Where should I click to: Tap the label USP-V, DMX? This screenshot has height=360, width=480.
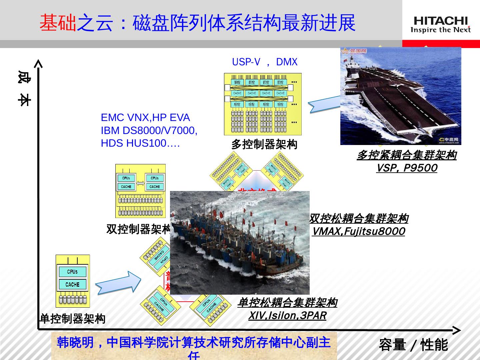click(264, 62)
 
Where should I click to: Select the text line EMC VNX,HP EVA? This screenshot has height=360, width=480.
click(145, 118)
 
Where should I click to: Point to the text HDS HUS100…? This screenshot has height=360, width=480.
click(140, 143)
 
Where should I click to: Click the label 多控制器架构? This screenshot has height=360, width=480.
click(264, 144)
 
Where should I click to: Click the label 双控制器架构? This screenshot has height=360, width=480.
click(138, 229)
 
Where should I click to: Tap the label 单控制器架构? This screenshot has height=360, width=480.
click(72, 319)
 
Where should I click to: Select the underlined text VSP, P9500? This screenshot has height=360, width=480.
click(406, 168)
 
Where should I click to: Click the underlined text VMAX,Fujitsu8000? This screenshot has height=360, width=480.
click(358, 231)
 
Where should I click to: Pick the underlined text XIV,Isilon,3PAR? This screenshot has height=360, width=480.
click(287, 315)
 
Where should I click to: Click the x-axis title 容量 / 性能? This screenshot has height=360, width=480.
click(413, 345)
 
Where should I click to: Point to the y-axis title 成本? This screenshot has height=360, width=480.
click(24, 88)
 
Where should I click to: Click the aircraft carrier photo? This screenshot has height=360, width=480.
click(400, 96)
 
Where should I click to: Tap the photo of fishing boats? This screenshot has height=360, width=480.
click(240, 243)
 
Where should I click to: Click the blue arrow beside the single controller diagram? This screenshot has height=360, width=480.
click(118, 283)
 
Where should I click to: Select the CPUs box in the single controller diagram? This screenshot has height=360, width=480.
click(72, 272)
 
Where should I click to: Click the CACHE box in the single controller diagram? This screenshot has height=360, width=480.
click(72, 284)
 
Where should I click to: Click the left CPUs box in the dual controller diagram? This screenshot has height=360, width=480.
click(126, 178)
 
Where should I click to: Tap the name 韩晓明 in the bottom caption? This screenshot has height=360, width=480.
click(75, 343)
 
